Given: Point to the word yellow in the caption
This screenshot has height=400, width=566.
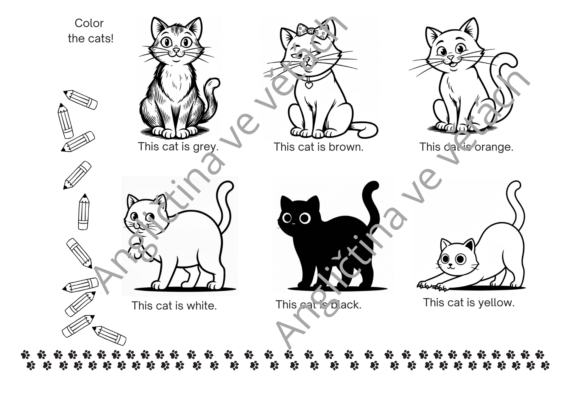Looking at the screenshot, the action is [496, 303].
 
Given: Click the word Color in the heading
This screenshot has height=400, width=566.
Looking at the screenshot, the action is [89, 23].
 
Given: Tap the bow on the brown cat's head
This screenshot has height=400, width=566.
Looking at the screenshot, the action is [310, 31].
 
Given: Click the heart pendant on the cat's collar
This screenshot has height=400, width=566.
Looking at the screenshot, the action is [309, 84].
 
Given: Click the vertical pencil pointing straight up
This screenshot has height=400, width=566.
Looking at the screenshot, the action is [83, 212].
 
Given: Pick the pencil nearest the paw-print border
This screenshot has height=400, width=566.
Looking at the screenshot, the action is [109, 336].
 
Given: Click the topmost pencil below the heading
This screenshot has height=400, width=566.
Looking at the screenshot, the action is [80, 100].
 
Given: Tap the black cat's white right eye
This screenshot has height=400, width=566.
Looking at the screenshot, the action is [305, 218].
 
